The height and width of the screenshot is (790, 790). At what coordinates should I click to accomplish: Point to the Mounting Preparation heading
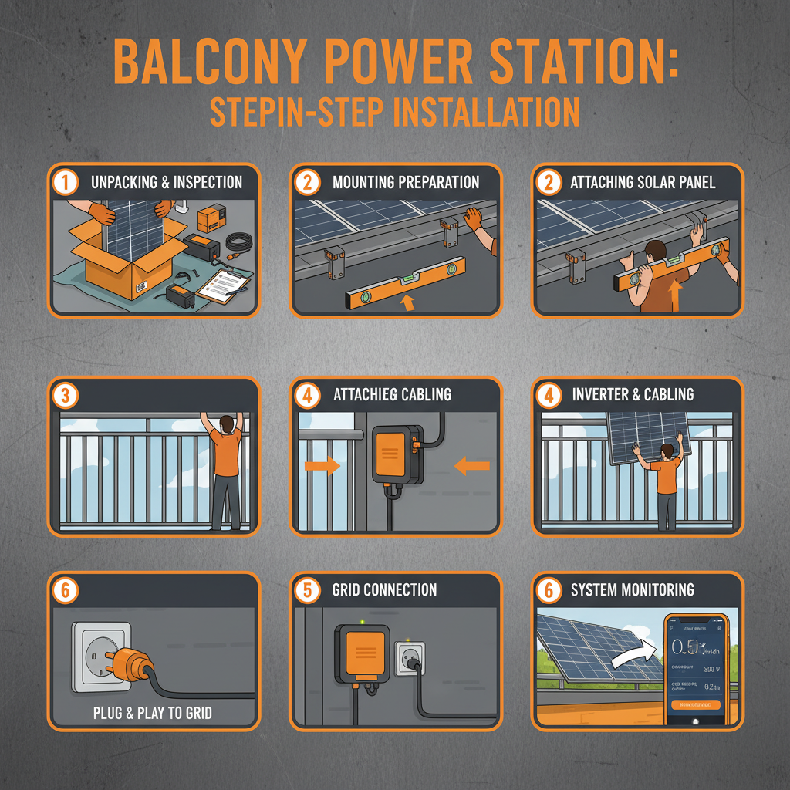tap(406, 183)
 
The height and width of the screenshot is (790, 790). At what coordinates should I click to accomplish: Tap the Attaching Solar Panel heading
tap(643, 183)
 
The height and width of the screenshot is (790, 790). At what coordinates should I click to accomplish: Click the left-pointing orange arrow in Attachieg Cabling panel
tap(472, 465)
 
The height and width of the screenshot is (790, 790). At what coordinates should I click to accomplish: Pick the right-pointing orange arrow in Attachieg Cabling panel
tap(322, 465)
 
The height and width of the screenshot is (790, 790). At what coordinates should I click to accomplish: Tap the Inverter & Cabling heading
tap(633, 395)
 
